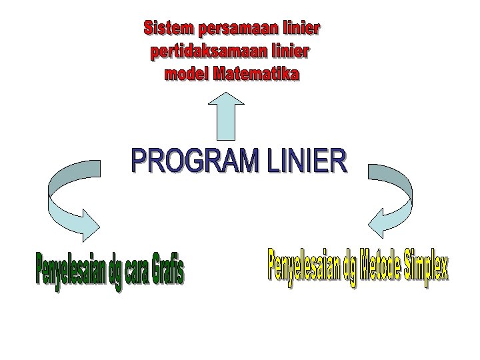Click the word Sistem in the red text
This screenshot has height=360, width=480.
[x=167, y=29]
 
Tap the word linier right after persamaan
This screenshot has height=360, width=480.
[x=299, y=29]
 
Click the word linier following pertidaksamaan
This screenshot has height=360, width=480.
[x=289, y=51]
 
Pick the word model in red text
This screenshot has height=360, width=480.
[x=185, y=73]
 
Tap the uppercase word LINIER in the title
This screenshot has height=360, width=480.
[x=307, y=162]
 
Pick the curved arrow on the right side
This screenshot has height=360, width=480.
[x=394, y=201]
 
